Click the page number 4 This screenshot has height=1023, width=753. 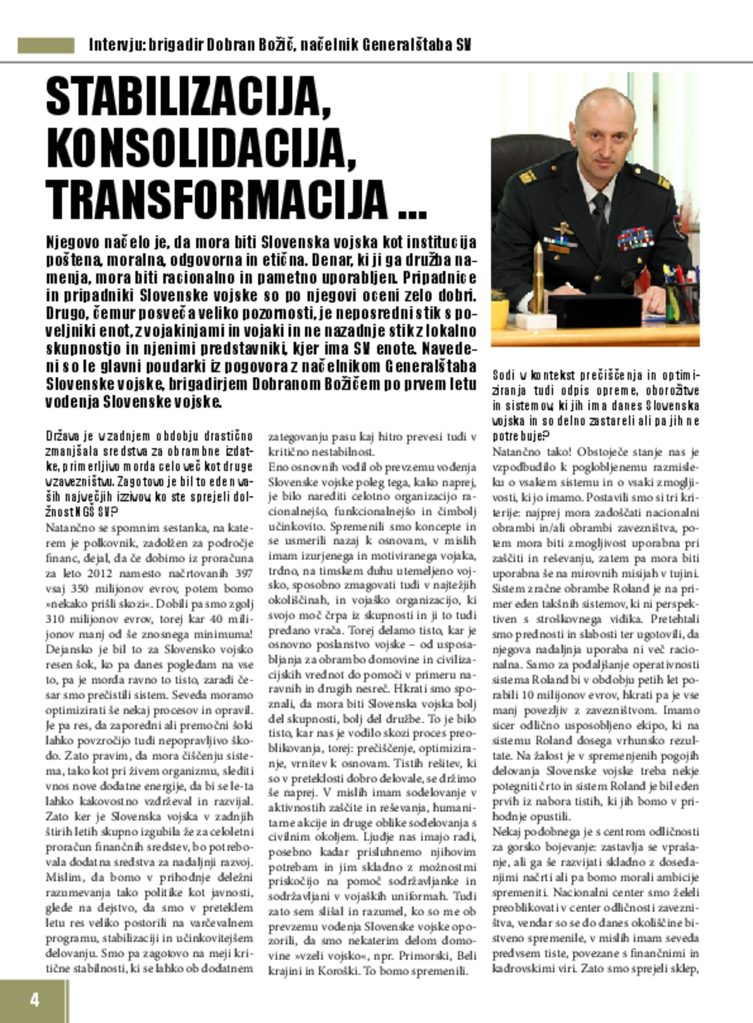[x=34, y=1000]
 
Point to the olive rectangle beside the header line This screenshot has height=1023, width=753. [x=46, y=46]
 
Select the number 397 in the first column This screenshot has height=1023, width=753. [x=244, y=573]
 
